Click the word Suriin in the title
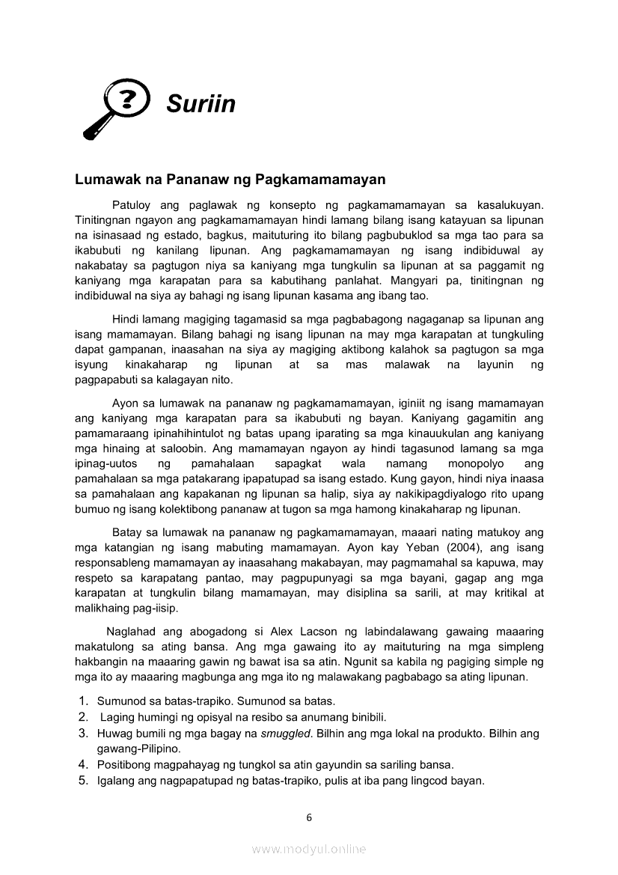[201, 103]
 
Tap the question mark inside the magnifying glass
[128, 99]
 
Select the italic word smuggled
[287, 734]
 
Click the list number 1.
[83, 701]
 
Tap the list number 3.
[83, 734]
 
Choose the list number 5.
[83, 781]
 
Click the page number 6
[309, 817]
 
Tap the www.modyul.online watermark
[309, 849]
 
